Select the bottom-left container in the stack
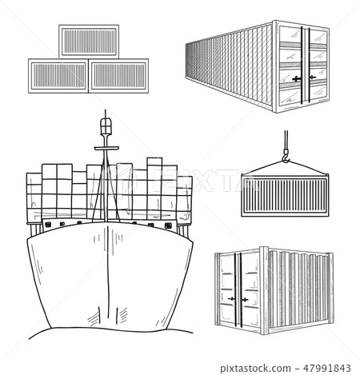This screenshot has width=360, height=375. point(57,74)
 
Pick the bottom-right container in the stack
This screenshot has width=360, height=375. point(119,74)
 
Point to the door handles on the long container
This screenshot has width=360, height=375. point(301,78)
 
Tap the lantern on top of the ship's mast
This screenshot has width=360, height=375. point(103,124)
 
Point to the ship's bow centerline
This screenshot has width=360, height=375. point(104,272)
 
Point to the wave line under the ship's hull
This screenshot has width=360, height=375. point(104,342)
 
